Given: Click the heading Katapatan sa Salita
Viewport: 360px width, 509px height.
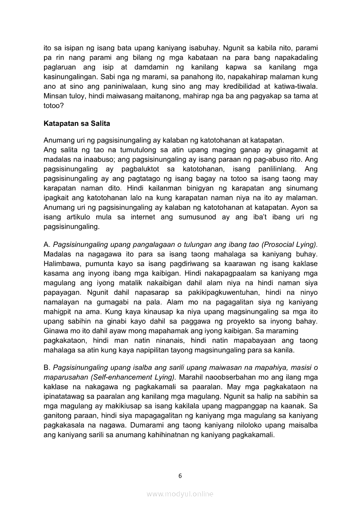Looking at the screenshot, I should tap(77, 123).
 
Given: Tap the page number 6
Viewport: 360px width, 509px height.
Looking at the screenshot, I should tap(180, 475).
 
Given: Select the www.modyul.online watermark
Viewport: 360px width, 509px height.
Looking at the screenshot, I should tap(180, 494).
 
